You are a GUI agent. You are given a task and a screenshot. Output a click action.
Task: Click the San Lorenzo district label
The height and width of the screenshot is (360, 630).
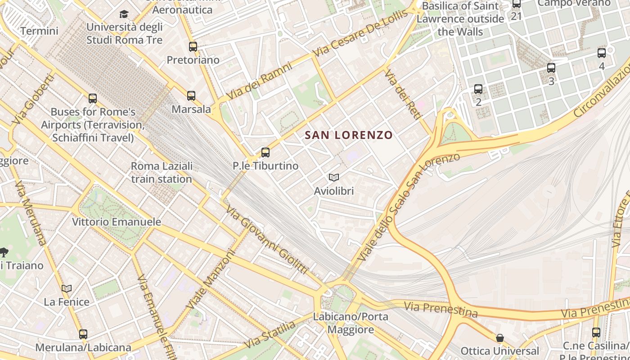[x=349, y=135]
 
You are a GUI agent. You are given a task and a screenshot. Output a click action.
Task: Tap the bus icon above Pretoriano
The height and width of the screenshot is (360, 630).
[x=193, y=46]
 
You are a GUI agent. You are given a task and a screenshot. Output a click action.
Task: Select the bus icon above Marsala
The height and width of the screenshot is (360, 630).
[x=191, y=95]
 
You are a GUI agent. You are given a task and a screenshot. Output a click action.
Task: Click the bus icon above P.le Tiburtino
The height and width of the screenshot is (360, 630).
[x=265, y=152]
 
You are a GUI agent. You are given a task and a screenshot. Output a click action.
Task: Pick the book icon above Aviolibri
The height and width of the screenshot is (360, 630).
[x=333, y=177]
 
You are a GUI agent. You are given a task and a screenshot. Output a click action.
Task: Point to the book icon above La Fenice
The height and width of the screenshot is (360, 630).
[x=67, y=288]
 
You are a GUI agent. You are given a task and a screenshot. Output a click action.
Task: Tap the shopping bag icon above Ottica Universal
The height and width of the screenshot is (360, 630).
[x=499, y=337]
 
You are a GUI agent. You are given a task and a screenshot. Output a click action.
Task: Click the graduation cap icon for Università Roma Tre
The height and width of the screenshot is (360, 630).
[x=124, y=14]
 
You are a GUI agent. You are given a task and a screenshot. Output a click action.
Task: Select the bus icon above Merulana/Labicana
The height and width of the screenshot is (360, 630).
[x=83, y=334]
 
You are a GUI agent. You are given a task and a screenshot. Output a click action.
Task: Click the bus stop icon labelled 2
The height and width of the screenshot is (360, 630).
[x=478, y=89]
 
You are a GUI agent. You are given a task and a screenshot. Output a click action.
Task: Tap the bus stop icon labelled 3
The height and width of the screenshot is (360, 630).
[x=551, y=68]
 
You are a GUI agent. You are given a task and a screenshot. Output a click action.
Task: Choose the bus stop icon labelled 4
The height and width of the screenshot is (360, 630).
[x=602, y=53]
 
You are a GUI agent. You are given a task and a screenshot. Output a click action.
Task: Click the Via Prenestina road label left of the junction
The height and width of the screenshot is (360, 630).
[x=441, y=309]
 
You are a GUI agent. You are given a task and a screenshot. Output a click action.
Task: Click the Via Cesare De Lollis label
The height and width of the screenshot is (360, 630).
[x=360, y=33]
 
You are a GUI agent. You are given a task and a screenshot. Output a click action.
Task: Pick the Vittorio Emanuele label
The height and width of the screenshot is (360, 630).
[x=117, y=222]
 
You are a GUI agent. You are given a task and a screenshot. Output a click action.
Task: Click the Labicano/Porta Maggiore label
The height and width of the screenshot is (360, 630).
[x=351, y=323]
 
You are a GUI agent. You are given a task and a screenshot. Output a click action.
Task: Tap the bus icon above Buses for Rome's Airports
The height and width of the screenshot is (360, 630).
[x=93, y=98]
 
